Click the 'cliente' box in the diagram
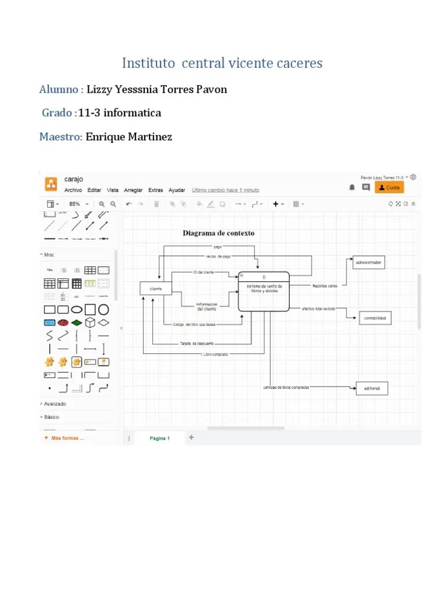[x=156, y=288]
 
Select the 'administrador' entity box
[x=369, y=263]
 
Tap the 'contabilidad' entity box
[x=375, y=318]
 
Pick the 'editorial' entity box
[x=371, y=388]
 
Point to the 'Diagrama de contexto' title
[x=218, y=233]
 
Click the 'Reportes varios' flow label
[x=324, y=285]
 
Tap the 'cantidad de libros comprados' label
[x=286, y=387]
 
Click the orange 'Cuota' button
[x=389, y=187]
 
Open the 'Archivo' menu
[x=73, y=190]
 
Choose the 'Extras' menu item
[x=155, y=190]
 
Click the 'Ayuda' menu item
[x=177, y=190]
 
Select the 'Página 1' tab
[x=159, y=439]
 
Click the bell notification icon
[x=352, y=187]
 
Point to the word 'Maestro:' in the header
[x=61, y=137]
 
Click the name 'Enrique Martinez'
[x=129, y=137]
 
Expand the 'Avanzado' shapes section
[x=55, y=404]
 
